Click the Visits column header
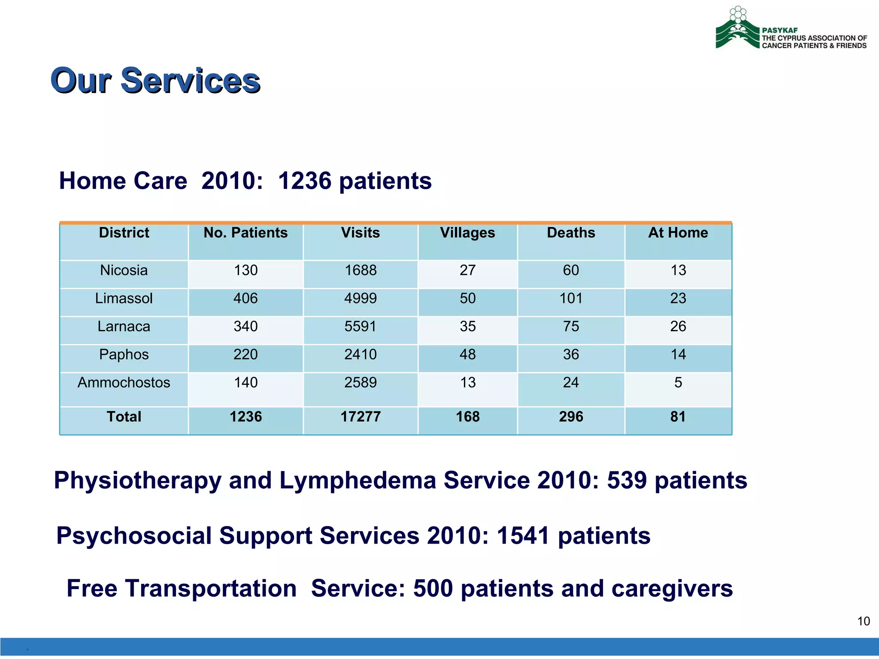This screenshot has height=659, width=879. (x=360, y=233)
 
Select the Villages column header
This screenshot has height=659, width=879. (x=467, y=233)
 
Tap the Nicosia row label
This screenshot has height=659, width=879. (x=124, y=270)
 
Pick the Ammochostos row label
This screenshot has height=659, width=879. (x=124, y=383)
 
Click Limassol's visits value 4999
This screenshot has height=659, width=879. (x=360, y=299)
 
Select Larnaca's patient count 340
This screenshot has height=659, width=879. (x=246, y=326)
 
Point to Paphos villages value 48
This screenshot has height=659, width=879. (x=467, y=355)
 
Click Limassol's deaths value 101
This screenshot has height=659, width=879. (x=571, y=299)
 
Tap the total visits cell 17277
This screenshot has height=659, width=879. (x=360, y=417)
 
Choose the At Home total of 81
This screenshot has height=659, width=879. (x=678, y=417)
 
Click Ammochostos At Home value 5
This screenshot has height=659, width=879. (x=678, y=383)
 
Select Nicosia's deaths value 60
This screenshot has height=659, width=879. (x=571, y=270)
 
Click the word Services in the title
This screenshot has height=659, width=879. (x=190, y=81)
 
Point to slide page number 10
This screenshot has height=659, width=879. (x=863, y=621)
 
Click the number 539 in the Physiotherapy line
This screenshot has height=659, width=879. (x=626, y=480)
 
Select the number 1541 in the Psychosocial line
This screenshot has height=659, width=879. (x=523, y=536)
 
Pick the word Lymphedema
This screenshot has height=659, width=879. (x=357, y=480)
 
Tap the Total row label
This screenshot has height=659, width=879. (x=124, y=417)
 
